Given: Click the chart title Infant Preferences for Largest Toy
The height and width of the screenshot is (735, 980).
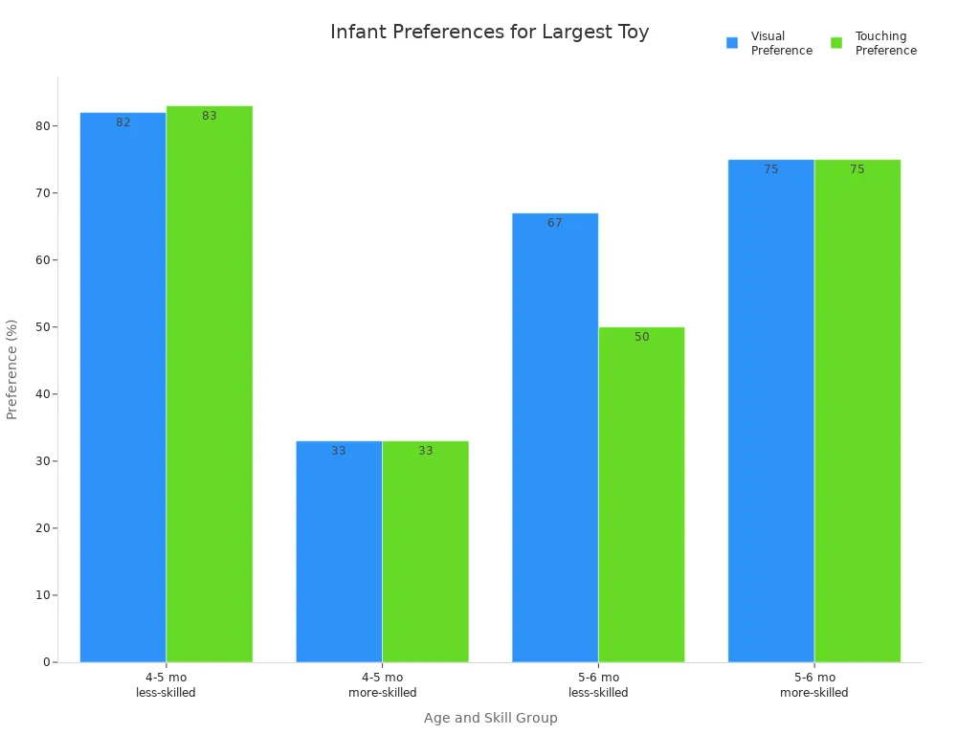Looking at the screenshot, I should (489, 33).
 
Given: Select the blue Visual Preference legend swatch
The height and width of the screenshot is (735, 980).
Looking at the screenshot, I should (732, 43).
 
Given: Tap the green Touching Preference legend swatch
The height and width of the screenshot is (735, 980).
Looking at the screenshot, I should (836, 43).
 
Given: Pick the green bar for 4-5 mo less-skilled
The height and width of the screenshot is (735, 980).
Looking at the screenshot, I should (209, 384).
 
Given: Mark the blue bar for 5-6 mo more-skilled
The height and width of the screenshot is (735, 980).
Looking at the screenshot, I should (770, 411).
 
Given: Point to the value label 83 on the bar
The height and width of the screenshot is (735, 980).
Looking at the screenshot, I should (209, 116).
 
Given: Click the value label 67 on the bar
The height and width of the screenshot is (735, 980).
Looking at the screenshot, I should (555, 223).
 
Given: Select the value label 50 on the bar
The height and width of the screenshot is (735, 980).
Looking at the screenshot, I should (641, 337).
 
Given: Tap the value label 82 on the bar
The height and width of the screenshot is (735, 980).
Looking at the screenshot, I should (122, 122).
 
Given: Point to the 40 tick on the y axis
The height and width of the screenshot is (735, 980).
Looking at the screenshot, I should (42, 394).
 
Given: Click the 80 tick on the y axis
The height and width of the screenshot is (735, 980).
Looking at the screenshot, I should (42, 126).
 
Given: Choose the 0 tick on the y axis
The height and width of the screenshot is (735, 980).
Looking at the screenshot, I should (46, 662).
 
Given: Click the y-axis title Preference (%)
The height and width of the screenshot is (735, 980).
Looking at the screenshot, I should (12, 369).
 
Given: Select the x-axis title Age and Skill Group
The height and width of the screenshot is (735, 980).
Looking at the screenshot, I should (490, 718).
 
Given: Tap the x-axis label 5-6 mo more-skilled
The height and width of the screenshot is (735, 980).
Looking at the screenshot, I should (813, 685).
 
